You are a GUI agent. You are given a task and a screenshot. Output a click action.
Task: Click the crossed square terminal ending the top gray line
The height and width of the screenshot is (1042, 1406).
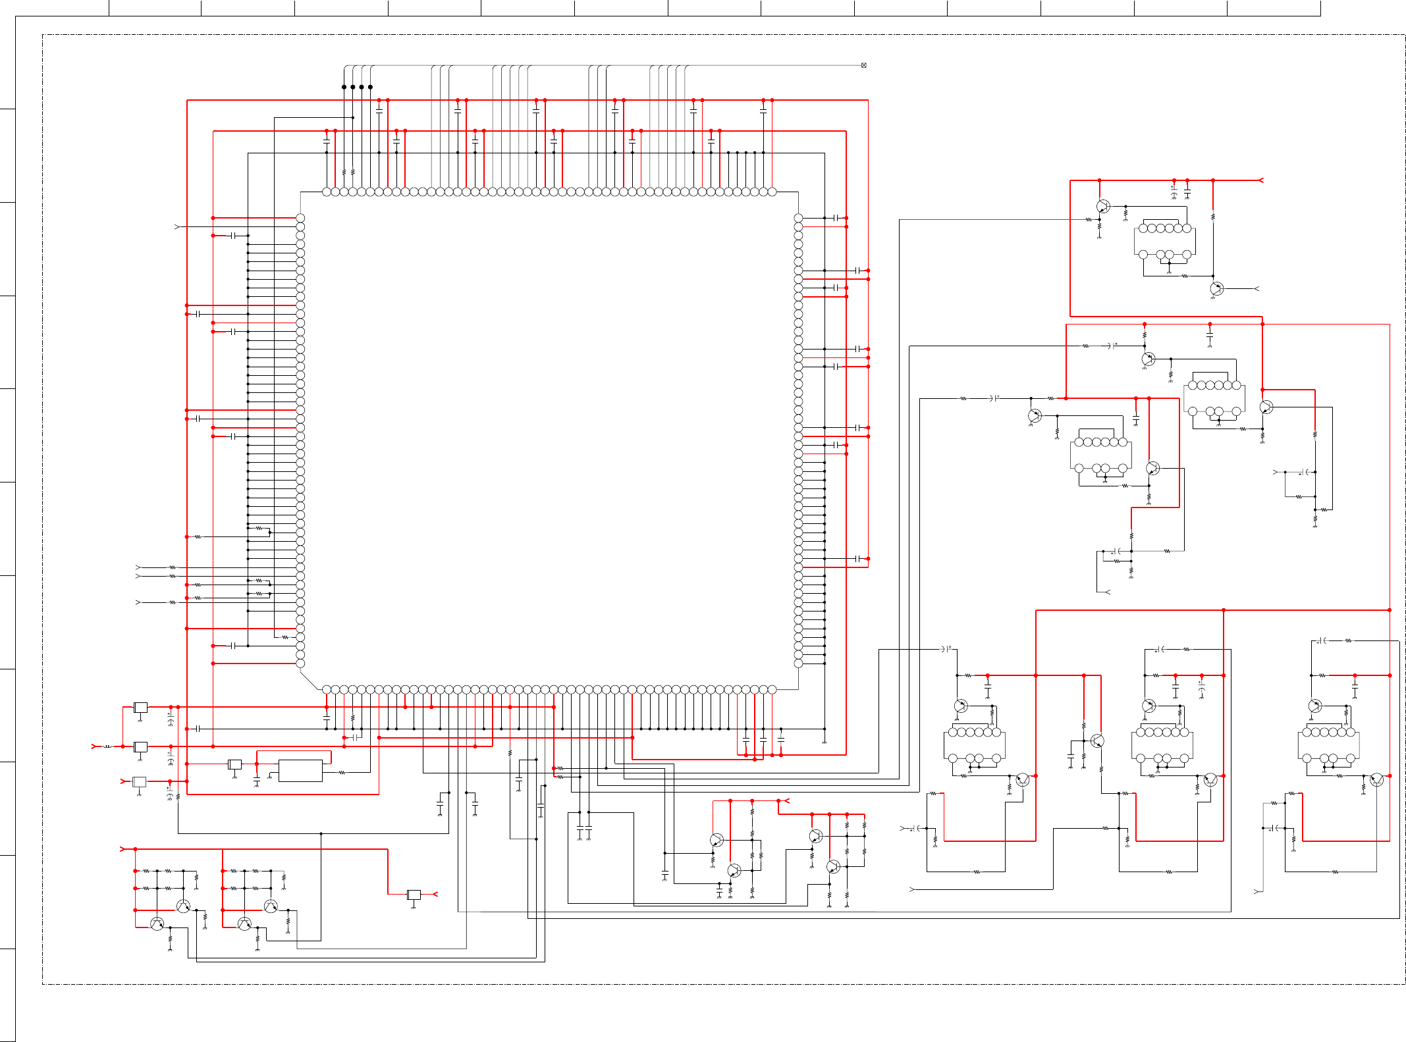tap(863, 65)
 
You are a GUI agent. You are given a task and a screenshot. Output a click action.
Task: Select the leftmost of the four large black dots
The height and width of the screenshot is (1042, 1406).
tap(344, 87)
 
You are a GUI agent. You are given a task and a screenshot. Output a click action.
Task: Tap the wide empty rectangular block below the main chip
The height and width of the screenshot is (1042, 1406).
tap(300, 771)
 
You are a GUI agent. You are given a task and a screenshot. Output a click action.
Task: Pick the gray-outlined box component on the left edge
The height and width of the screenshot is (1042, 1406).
tap(140, 782)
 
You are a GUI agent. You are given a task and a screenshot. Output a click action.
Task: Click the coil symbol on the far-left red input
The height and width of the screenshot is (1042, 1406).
tap(107, 746)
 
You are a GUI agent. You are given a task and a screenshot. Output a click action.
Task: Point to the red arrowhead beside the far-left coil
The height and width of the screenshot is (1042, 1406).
tap(94, 746)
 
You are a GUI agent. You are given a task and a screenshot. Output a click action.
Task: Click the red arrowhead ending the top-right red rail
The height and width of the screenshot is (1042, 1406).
tap(1260, 180)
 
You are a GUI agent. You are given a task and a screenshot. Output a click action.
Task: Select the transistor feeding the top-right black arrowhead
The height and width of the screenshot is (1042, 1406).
tap(1216, 288)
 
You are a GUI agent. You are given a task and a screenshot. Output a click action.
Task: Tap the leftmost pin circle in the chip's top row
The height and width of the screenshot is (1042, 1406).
tap(327, 192)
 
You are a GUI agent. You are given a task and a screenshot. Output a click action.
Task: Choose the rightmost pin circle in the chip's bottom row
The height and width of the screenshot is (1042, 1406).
tap(772, 689)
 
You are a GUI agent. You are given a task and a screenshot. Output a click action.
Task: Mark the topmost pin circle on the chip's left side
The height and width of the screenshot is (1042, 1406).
tap(300, 218)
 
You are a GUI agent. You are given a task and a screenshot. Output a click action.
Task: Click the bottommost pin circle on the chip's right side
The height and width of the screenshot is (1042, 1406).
tap(798, 664)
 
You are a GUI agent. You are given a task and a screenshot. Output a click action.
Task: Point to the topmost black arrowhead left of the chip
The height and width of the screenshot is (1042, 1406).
tap(176, 226)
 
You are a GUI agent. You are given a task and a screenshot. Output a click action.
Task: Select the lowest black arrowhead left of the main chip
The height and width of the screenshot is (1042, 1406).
tap(138, 602)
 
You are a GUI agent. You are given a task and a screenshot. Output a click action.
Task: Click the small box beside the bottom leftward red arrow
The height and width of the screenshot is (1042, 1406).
tap(414, 895)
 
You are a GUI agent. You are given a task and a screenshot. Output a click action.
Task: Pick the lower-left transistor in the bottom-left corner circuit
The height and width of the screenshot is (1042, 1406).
tap(157, 924)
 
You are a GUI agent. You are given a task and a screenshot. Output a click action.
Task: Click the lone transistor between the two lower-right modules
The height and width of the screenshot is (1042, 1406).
tap(1097, 741)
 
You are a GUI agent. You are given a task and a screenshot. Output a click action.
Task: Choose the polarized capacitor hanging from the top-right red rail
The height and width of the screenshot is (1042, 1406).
tap(1174, 194)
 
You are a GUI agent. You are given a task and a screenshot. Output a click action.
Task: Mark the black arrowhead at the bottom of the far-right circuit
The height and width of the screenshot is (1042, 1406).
tap(1257, 891)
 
